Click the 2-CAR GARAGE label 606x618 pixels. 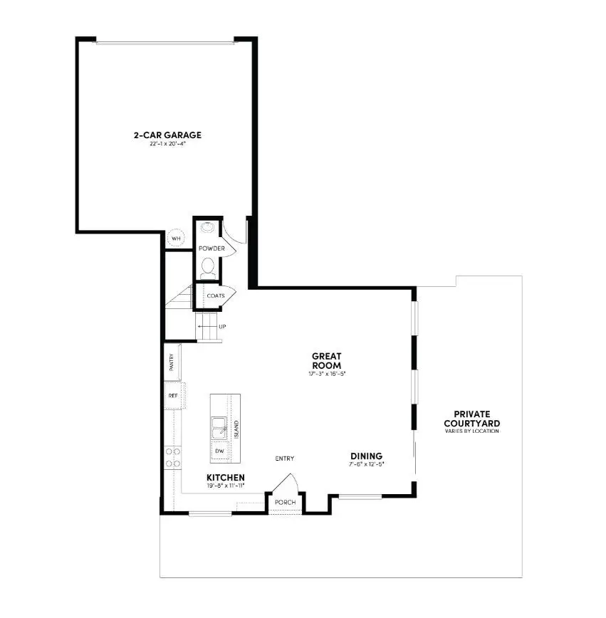pyautogui.click(x=167, y=135)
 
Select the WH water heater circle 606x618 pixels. pyautogui.click(x=175, y=239)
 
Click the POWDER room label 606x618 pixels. pyautogui.click(x=211, y=248)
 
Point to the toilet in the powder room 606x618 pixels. pyautogui.click(x=208, y=267)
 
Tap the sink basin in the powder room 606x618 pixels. pyautogui.click(x=207, y=228)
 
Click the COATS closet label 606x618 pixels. pyautogui.click(x=216, y=295)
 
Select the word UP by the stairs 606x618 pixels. pyautogui.click(x=222, y=327)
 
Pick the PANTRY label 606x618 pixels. pyautogui.click(x=172, y=363)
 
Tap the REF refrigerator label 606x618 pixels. pyautogui.click(x=172, y=395)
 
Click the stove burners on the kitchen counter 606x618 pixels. pyautogui.click(x=172, y=456)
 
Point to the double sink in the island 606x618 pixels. pyautogui.click(x=219, y=429)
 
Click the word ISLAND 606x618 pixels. pyautogui.click(x=236, y=428)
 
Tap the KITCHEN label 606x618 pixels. pyautogui.click(x=226, y=477)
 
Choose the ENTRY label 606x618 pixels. pyautogui.click(x=285, y=459)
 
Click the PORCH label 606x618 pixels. pyautogui.click(x=285, y=503)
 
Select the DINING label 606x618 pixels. pyautogui.click(x=366, y=456)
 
